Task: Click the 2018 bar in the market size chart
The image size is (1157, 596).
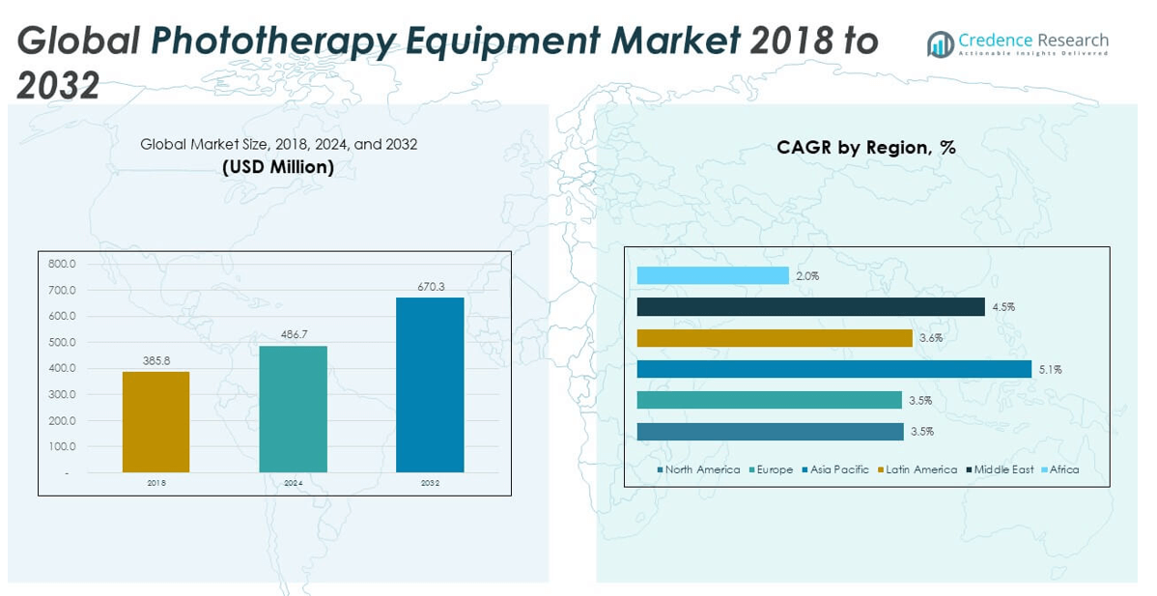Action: tap(155, 422)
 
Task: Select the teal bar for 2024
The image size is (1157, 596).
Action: tap(293, 409)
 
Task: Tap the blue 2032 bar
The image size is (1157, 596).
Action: tap(430, 384)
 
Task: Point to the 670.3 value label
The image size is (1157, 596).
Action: tap(430, 287)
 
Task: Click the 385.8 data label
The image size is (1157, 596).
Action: tap(155, 361)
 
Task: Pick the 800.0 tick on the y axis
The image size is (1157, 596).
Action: tap(61, 264)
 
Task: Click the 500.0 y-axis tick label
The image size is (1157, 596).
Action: tap(61, 342)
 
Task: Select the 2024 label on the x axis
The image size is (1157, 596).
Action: tap(293, 483)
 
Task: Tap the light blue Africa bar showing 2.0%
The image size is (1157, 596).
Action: tap(713, 276)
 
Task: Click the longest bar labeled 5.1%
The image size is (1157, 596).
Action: tap(834, 369)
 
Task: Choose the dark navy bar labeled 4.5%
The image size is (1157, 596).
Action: tap(810, 307)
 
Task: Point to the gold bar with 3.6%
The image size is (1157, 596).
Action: tap(775, 338)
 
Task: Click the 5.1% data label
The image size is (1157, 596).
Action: tap(1048, 369)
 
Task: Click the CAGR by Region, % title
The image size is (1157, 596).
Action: tap(865, 148)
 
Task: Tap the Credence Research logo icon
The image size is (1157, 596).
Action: tap(940, 43)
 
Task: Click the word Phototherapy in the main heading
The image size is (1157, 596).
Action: tap(273, 41)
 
